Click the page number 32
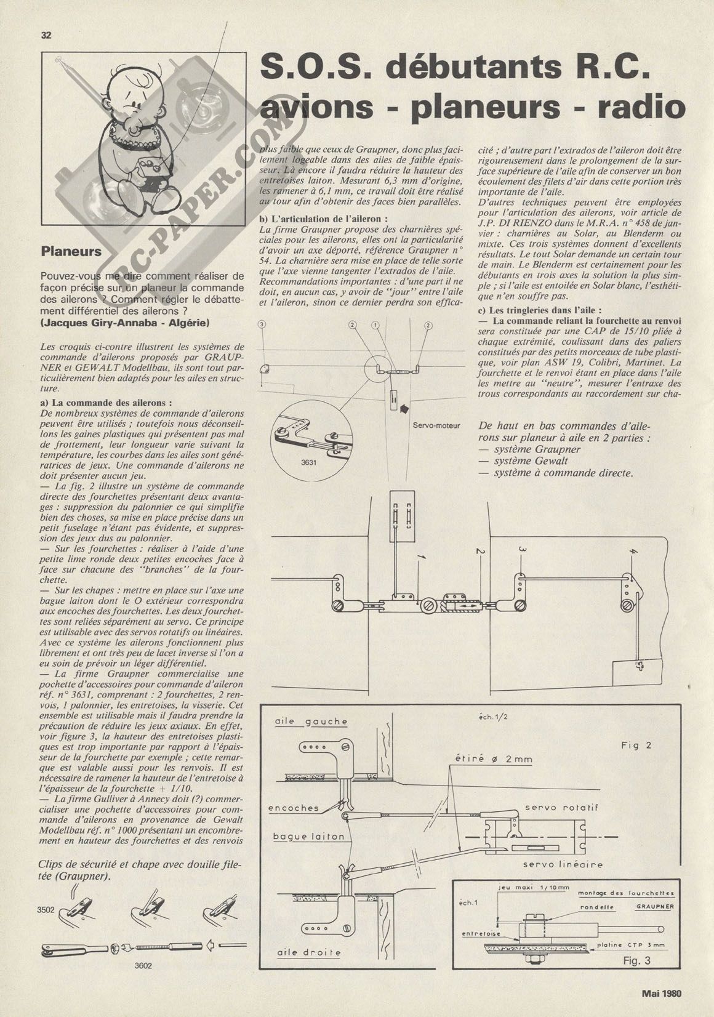pyautogui.click(x=46, y=35)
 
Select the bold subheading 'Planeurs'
pyautogui.click(x=71, y=251)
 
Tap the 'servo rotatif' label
pyautogui.click(x=561, y=807)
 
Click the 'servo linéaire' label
pyautogui.click(x=563, y=864)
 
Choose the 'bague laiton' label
pyautogui.click(x=306, y=837)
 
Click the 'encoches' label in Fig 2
pyautogui.click(x=294, y=808)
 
